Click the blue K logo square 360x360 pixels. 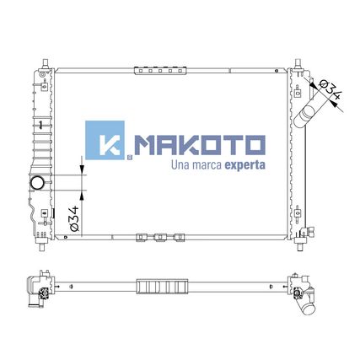(x=105, y=140)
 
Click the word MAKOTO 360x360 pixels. (x=200, y=145)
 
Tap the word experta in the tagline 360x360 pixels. (x=244, y=165)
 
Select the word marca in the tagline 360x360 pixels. (x=207, y=165)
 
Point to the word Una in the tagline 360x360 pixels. (x=180, y=165)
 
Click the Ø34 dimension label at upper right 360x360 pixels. (x=331, y=89)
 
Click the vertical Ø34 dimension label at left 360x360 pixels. (x=74, y=218)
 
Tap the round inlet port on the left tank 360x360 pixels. (x=37, y=183)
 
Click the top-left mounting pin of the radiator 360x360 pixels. (x=46, y=63)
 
